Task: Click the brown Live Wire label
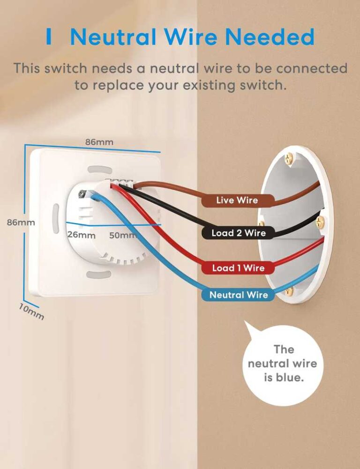pyautogui.click(x=238, y=201)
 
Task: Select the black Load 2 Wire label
pyautogui.click(x=238, y=233)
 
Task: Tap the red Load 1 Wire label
pyautogui.click(x=238, y=268)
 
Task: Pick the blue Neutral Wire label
pyautogui.click(x=238, y=295)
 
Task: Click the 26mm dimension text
pyautogui.click(x=82, y=235)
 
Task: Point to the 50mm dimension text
pyautogui.click(x=123, y=235)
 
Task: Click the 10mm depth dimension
pyautogui.click(x=32, y=311)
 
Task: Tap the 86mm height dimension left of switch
pyautogui.click(x=21, y=223)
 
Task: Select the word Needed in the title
pyautogui.click(x=270, y=37)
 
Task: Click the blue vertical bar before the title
pyautogui.click(x=49, y=37)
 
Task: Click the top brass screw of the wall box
pyautogui.click(x=289, y=158)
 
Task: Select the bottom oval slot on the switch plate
pyautogui.click(x=99, y=274)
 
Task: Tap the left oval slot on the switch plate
pyautogui.click(x=56, y=218)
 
